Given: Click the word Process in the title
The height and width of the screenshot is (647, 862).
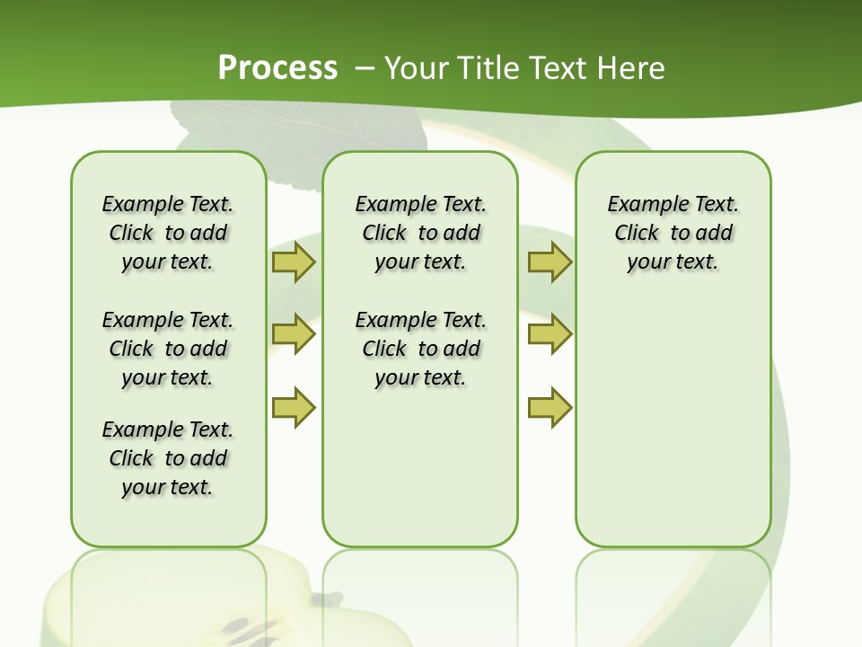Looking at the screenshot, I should point(277,67).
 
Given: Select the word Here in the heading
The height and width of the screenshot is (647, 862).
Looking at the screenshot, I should point(629,67).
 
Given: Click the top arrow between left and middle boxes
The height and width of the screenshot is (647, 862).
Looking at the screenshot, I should point(294,261).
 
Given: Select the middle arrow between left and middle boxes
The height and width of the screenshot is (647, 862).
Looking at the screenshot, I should point(294,333).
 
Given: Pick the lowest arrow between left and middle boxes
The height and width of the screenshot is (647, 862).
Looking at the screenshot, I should point(294,407).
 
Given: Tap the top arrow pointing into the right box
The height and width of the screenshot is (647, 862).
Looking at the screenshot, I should point(550,261).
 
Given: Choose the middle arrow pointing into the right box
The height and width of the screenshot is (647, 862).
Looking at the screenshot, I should point(550,333).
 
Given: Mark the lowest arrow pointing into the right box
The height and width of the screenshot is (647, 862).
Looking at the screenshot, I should point(550,407).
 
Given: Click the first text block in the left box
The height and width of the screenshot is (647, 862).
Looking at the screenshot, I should point(168,233).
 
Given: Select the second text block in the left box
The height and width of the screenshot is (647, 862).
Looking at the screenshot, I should point(168,349).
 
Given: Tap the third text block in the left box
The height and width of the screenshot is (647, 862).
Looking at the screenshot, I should point(168,458).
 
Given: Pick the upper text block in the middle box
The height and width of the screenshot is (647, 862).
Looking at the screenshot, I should point(420,233).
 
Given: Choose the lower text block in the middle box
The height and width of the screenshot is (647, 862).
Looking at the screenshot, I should point(420,349).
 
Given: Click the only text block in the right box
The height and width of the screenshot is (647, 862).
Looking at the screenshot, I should point(673,233).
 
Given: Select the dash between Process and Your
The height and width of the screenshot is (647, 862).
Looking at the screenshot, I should point(364,67).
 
